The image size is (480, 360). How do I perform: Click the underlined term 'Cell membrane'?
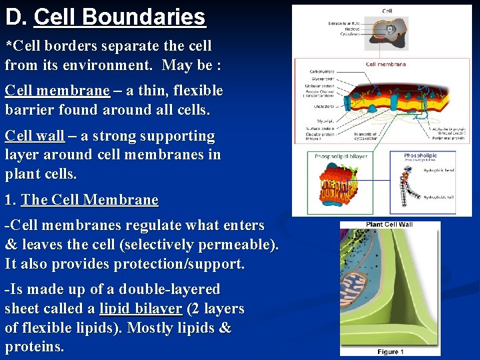click(x=57, y=91)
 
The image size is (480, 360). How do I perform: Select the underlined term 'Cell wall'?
click(x=35, y=136)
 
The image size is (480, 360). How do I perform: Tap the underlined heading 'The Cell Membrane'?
click(x=90, y=200)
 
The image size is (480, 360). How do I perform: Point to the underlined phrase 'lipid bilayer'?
click(x=141, y=309)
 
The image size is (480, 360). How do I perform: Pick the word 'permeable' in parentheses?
click(x=237, y=245)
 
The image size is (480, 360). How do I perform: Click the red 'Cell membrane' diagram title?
click(x=385, y=65)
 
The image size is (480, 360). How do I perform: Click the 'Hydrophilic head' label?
click(x=438, y=171)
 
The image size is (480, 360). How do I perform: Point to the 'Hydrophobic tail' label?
click(x=438, y=197)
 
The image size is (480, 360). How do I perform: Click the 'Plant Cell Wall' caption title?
click(x=389, y=225)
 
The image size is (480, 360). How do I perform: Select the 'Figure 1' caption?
click(x=391, y=351)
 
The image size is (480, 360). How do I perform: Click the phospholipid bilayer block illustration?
click(x=341, y=184)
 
